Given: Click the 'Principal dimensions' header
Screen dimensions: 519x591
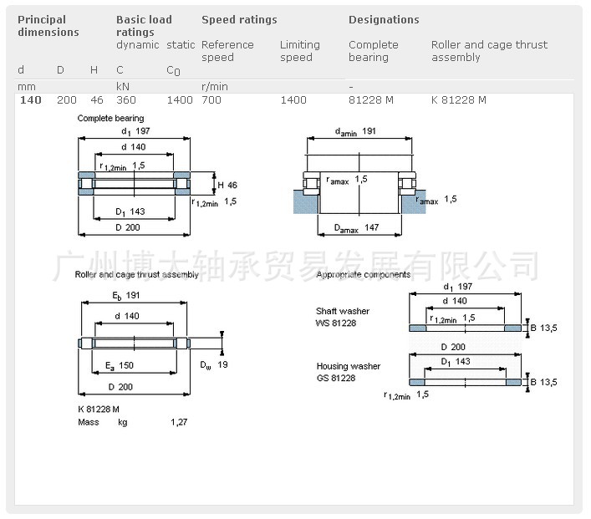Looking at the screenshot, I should [48, 26].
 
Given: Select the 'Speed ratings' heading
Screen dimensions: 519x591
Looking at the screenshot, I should [239, 19].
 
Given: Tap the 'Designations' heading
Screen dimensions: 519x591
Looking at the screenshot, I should [384, 19].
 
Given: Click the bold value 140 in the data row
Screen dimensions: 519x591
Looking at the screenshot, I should [30, 99].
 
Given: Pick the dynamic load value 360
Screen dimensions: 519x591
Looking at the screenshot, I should [125, 99].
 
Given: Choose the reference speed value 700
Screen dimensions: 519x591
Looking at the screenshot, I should [211, 99].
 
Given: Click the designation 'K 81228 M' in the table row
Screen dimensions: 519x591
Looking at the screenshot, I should [458, 99].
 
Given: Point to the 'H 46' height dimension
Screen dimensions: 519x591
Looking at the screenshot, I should [227, 185].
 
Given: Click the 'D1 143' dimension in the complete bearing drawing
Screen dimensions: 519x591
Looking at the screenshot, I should [130, 211].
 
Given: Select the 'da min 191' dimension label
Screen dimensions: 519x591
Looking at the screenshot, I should [354, 131].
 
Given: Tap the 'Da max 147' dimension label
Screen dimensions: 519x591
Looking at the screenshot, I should [357, 228].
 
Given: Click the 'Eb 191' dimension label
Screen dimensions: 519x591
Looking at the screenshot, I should [125, 296].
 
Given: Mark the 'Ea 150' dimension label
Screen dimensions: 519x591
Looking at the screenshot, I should [120, 365].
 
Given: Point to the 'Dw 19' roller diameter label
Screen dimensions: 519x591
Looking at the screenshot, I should [213, 364].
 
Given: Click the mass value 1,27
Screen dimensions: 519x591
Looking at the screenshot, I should [179, 422].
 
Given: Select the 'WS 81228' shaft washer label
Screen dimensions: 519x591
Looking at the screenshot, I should [335, 323].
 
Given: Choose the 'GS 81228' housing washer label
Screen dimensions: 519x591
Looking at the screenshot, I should [335, 378].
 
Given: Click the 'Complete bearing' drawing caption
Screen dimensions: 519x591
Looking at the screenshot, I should [110, 118].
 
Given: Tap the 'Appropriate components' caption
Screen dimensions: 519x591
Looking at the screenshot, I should [363, 274].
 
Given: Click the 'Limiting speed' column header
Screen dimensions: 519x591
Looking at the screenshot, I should [299, 51].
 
